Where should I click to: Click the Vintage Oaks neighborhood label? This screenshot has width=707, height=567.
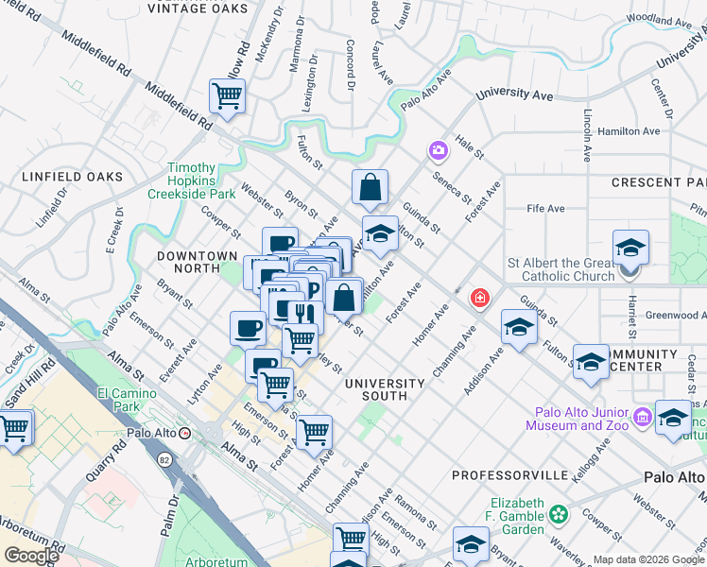point(198,9)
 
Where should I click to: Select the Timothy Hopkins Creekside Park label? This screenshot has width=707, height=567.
point(190,180)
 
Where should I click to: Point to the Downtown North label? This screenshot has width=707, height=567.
point(197,256)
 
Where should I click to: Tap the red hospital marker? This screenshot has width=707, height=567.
point(480,299)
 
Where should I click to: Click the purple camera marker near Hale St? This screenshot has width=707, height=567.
point(438,150)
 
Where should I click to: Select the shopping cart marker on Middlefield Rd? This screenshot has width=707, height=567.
point(227,94)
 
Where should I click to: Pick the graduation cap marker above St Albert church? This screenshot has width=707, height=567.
point(630,248)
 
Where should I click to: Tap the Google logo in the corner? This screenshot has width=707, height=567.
point(32,556)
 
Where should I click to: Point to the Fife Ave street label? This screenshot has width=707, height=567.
point(545,208)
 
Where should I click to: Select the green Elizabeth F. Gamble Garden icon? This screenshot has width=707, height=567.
point(559,515)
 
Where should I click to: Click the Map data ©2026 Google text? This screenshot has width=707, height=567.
point(647,558)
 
